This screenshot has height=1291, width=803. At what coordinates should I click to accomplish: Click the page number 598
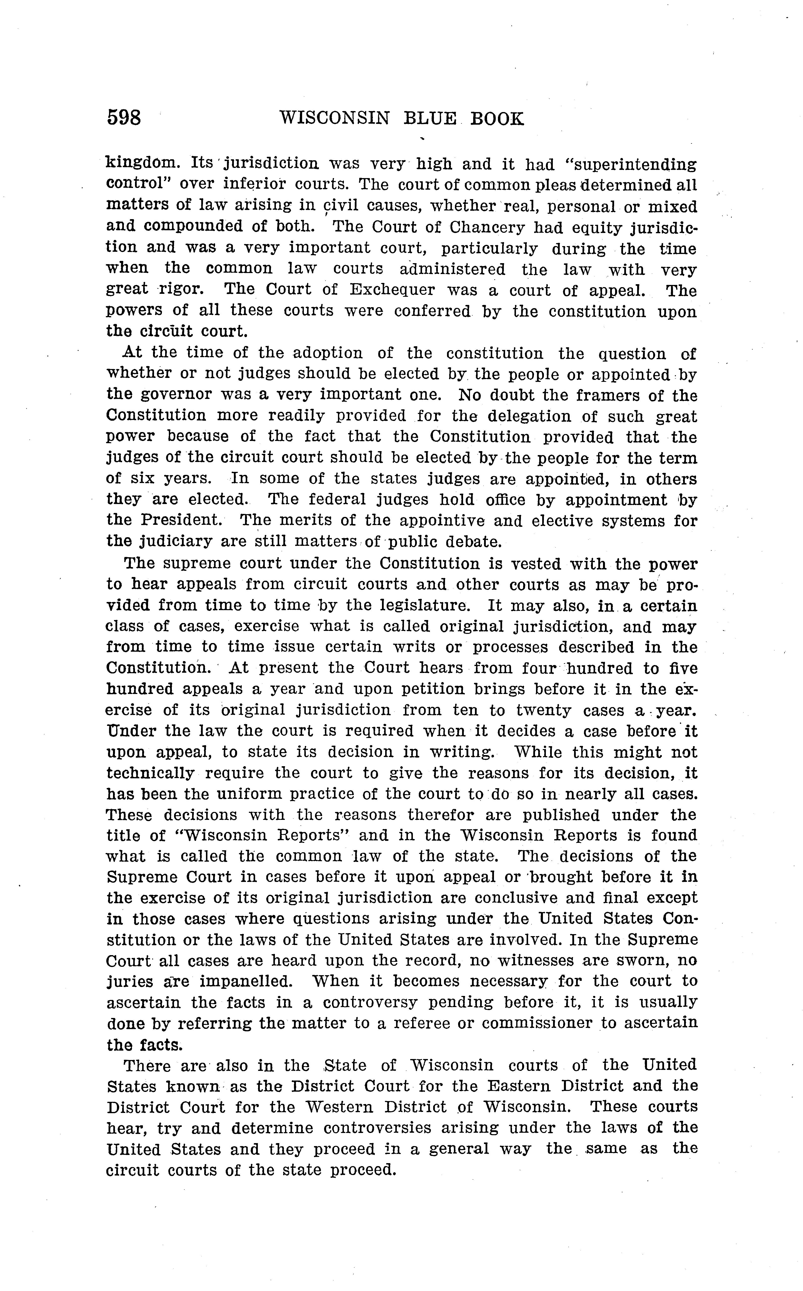(x=124, y=117)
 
